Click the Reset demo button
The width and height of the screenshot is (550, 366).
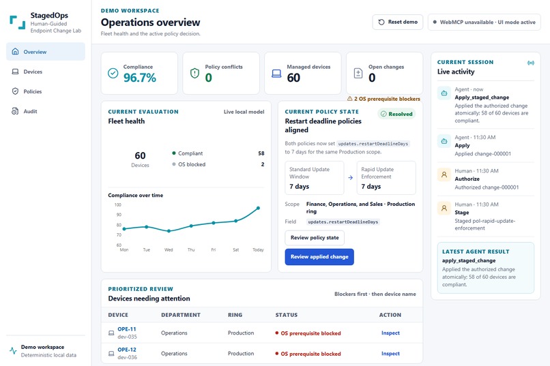[x=397, y=22]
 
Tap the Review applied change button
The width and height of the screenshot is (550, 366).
[x=319, y=257]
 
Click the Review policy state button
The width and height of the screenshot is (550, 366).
[x=315, y=237]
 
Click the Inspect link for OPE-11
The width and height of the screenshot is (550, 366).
[x=390, y=333]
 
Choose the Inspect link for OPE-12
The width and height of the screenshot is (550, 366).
[x=390, y=354]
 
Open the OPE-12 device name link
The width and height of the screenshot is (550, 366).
[x=127, y=350]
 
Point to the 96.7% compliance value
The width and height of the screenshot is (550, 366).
[x=140, y=78]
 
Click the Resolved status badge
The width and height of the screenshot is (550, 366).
[x=396, y=114]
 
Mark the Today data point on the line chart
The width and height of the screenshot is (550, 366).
[x=258, y=208]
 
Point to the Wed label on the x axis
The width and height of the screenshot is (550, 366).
[x=169, y=249]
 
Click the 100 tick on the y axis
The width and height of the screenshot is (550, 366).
[x=118, y=205]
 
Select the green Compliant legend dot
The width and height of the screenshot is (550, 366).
[x=173, y=153]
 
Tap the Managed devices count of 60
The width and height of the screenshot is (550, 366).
[x=293, y=78]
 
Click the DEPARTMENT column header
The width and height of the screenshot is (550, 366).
[x=181, y=315]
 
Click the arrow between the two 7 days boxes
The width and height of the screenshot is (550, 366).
[x=351, y=178]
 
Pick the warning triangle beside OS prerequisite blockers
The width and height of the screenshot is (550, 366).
[x=349, y=99]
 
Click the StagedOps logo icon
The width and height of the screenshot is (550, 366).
[x=18, y=22]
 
